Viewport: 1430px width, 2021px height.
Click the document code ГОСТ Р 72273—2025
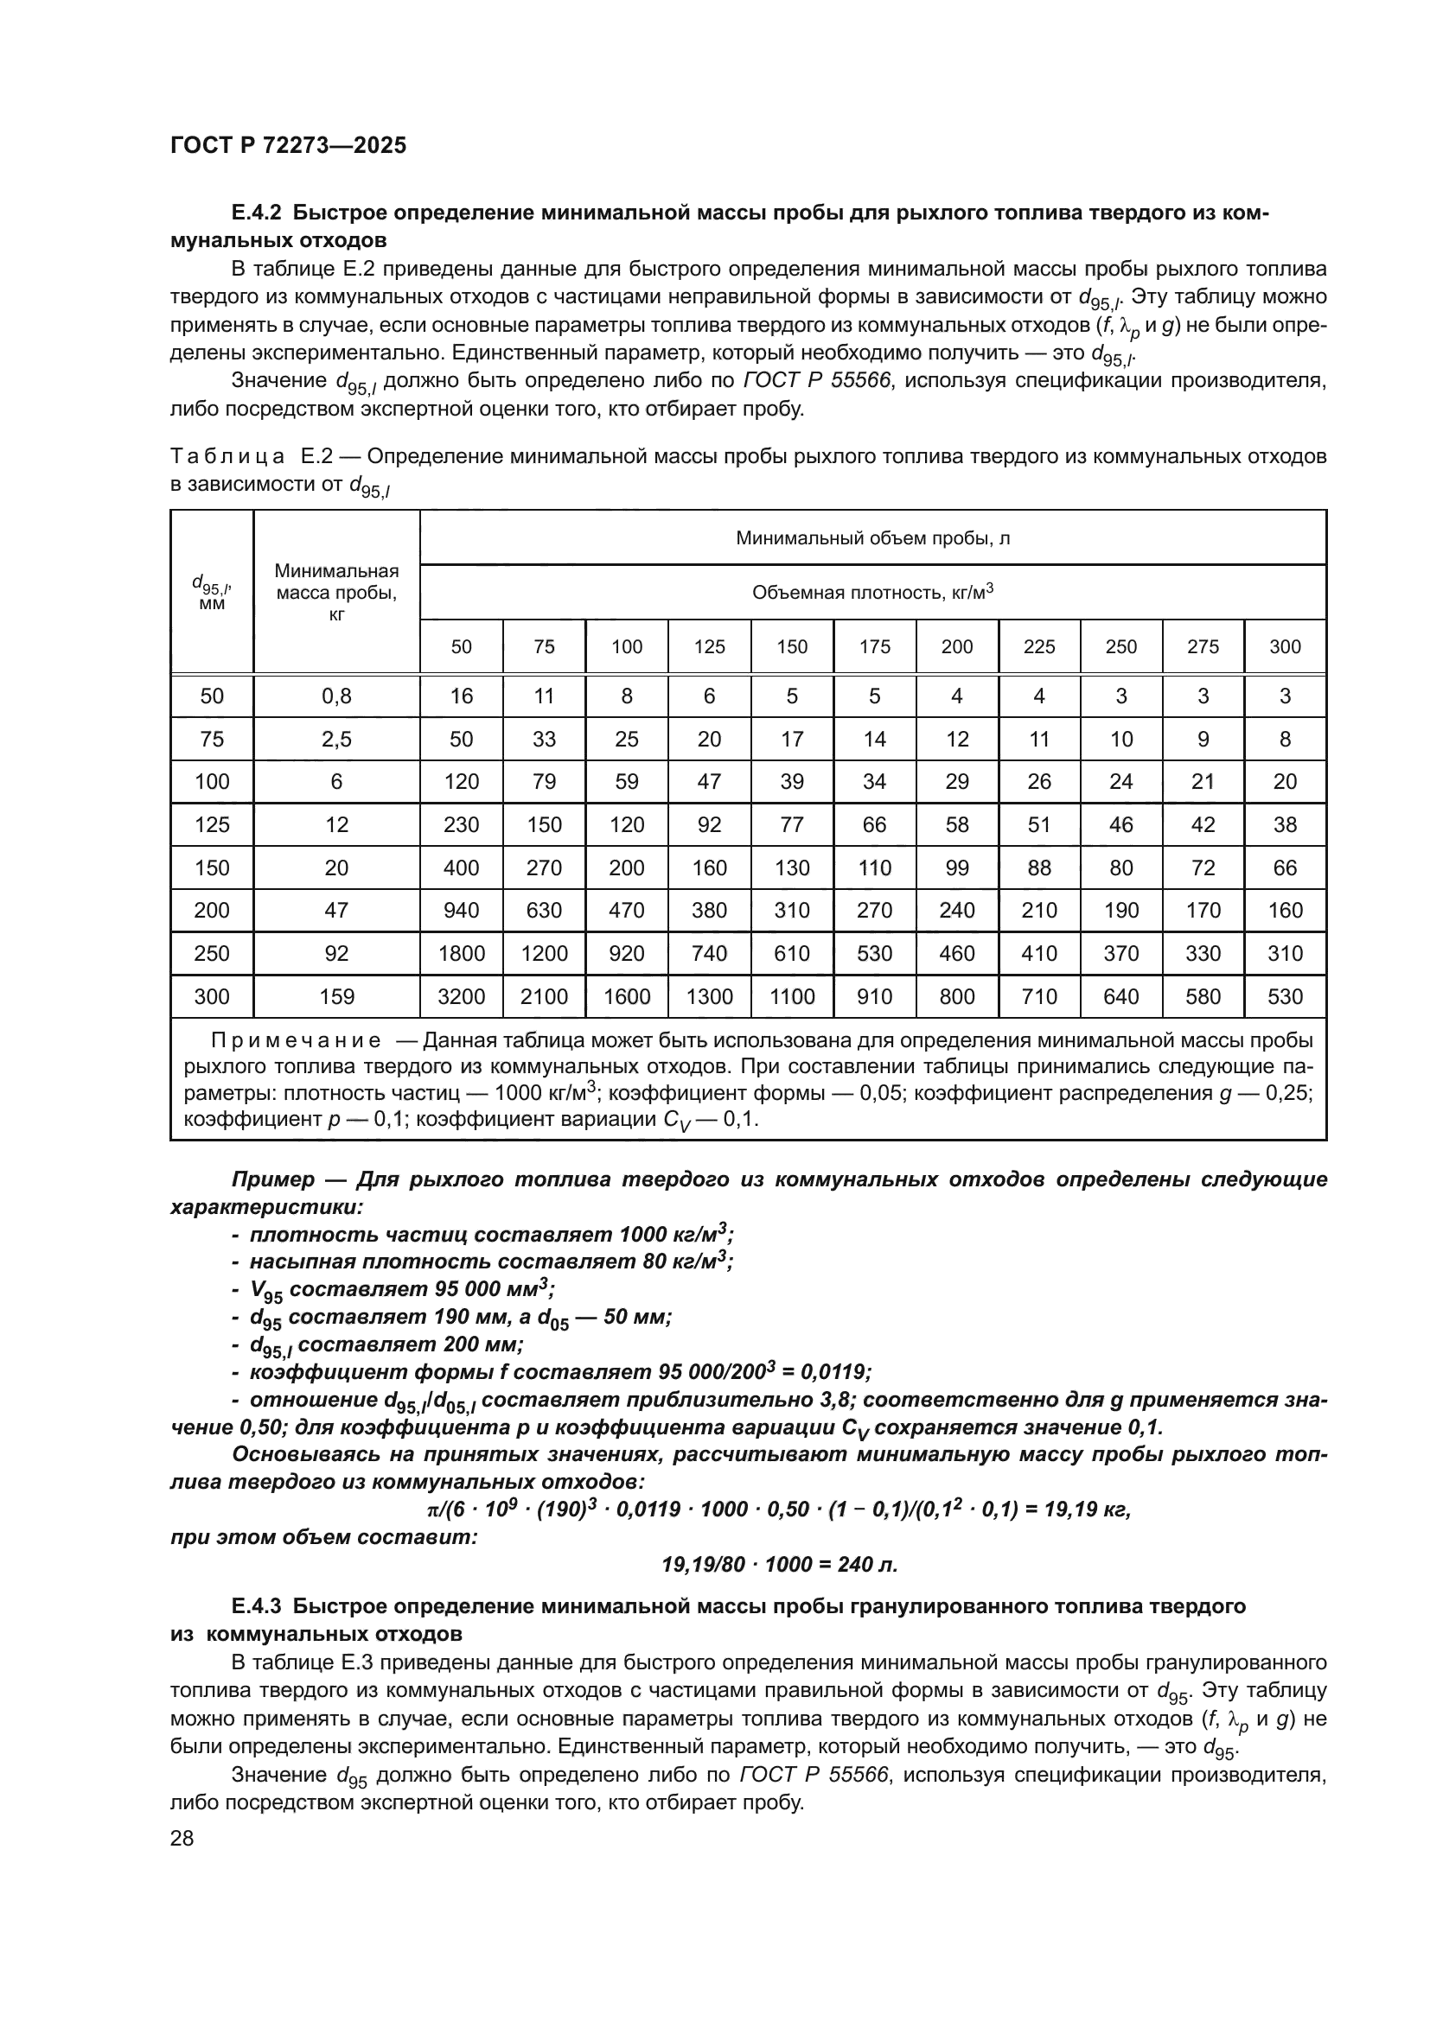click(x=288, y=146)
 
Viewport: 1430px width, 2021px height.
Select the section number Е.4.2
click(x=256, y=213)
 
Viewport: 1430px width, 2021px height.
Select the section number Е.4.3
click(x=256, y=1606)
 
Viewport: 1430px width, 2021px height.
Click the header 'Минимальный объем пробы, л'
click(x=871, y=537)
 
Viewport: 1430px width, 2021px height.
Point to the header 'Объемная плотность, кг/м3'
click(x=871, y=593)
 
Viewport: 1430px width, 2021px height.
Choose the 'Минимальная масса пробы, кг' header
click(x=336, y=593)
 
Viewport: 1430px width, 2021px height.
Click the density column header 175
click(x=874, y=647)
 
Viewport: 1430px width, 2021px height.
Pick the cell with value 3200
click(x=462, y=996)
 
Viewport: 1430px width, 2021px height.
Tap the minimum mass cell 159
click(x=336, y=996)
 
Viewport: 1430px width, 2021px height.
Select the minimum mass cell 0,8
click(x=336, y=696)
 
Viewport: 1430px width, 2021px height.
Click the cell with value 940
click(x=462, y=910)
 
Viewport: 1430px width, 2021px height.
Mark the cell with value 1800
click(x=462, y=953)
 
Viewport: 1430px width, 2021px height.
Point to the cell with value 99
click(x=957, y=868)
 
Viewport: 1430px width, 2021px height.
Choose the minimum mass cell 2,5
click(x=336, y=740)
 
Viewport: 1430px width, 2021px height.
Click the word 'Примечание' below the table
click(x=296, y=1041)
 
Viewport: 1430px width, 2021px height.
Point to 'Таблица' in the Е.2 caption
click(x=227, y=457)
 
